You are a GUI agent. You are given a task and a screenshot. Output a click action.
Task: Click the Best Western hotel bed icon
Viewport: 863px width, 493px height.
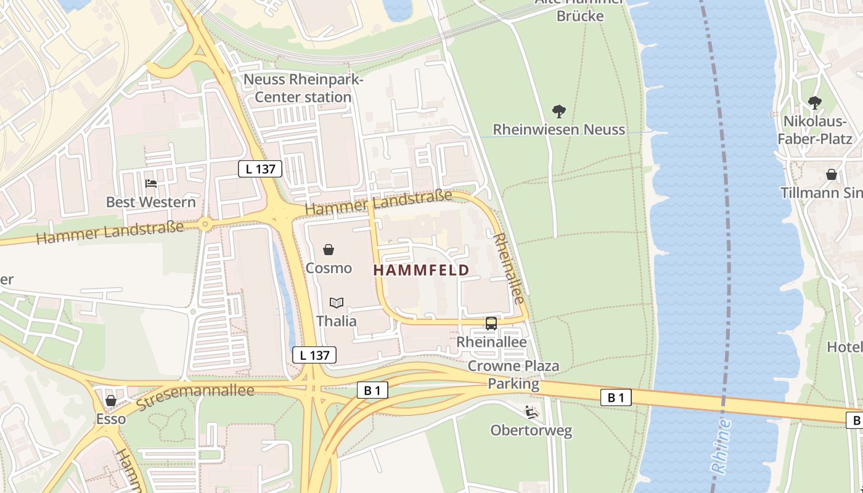point(151,183)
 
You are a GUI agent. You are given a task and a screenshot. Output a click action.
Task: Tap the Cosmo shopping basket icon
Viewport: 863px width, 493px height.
point(329,250)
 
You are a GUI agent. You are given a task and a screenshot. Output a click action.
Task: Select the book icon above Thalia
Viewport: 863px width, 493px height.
point(336,303)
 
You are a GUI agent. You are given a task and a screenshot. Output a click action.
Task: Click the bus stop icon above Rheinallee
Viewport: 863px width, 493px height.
point(491,323)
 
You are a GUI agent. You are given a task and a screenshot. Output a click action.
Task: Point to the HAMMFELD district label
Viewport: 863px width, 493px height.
point(421,270)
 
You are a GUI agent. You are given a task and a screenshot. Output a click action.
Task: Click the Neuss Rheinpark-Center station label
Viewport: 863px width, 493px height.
point(303,88)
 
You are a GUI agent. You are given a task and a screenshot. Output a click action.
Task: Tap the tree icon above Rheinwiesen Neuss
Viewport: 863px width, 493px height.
point(559,112)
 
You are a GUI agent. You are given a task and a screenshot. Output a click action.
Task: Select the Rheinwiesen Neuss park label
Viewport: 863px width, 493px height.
point(559,129)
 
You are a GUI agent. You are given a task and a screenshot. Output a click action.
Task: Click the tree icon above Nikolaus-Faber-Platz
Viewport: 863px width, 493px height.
point(814,102)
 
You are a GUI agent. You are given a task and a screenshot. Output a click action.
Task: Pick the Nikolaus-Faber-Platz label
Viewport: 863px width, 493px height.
point(814,129)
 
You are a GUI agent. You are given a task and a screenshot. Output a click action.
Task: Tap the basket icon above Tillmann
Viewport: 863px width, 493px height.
point(831,174)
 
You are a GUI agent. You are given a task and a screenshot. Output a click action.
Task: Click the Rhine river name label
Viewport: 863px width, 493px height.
point(721,446)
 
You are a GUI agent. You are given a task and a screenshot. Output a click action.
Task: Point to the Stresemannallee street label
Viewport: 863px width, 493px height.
point(195,397)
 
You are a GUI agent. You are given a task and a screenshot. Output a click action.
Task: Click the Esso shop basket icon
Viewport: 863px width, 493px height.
point(111,401)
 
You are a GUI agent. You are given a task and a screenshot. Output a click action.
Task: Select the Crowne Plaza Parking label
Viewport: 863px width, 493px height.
point(513,375)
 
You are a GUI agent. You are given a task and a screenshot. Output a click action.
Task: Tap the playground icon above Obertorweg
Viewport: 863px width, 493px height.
point(531,412)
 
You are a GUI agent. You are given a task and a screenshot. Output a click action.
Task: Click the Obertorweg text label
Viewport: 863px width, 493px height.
point(531,430)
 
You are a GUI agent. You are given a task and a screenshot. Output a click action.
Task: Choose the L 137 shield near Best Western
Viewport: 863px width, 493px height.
point(260,168)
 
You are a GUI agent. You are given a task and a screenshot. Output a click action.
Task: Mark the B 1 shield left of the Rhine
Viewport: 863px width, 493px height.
point(616,397)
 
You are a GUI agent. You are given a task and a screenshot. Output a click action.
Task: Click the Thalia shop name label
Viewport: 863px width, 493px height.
point(336,320)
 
